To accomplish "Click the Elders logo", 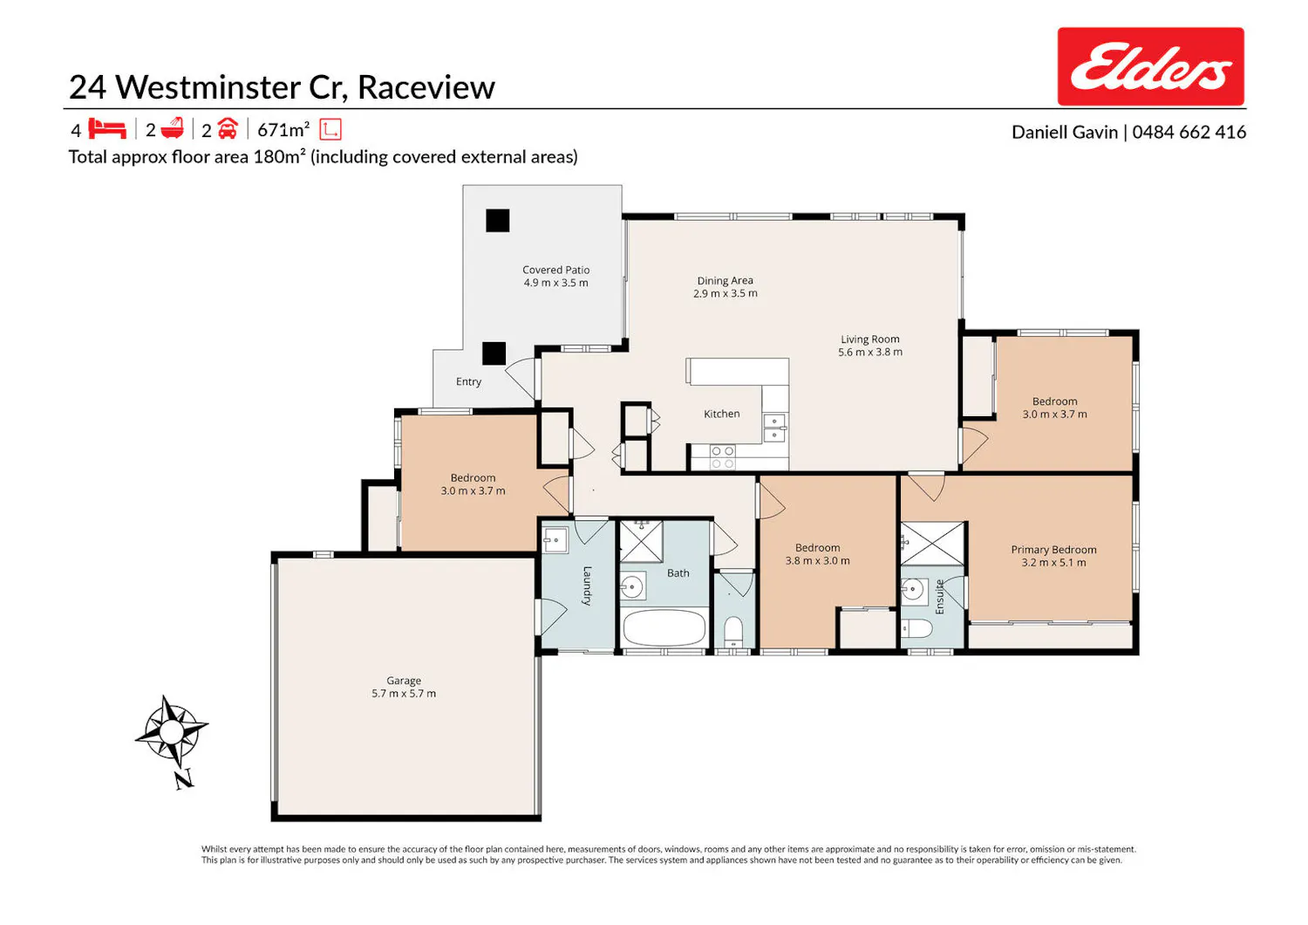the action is (1150, 66).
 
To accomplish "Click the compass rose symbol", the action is (171, 731).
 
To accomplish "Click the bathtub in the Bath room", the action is (664, 628).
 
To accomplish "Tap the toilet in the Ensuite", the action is (917, 629).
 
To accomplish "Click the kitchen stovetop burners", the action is (722, 457).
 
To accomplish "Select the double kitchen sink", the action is (775, 428).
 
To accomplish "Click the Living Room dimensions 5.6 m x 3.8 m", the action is (870, 353).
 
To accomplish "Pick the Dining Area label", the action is (726, 281).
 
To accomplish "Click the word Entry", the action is (468, 381).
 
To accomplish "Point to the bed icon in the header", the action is (107, 128).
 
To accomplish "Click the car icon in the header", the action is (228, 128).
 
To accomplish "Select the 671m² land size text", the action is (283, 130).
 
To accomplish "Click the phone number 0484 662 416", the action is (1189, 132).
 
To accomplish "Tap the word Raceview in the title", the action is (426, 87).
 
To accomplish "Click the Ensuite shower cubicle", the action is (932, 544).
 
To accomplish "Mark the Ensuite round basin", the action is (912, 589).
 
